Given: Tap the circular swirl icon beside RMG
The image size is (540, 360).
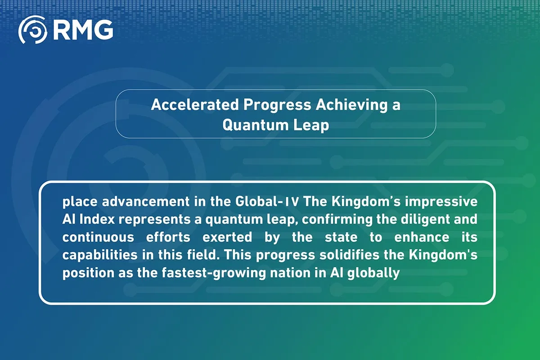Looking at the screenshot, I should click(x=33, y=30).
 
